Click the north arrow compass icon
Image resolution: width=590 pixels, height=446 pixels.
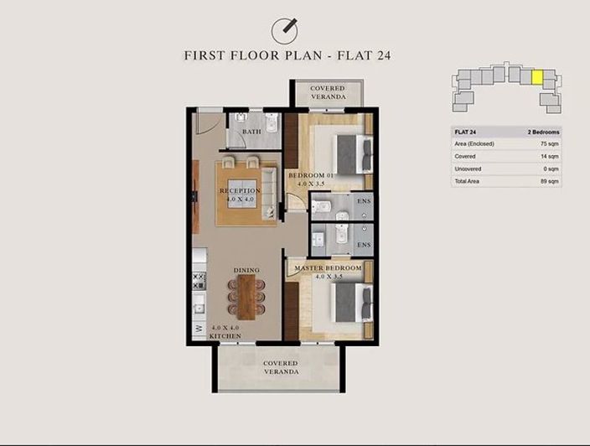[286, 30]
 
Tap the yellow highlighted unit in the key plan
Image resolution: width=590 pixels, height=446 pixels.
[537, 78]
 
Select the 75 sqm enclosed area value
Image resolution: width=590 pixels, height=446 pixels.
[550, 144]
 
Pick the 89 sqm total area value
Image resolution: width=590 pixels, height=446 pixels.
[550, 181]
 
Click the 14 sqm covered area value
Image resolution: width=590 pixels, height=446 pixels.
[550, 157]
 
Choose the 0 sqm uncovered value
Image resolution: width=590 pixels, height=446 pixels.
[551, 169]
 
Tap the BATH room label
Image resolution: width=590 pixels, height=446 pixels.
[251, 132]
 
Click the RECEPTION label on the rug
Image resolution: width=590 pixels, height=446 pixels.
[241, 191]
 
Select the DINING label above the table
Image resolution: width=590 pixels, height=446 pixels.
[246, 270]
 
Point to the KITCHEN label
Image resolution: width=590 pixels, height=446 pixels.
[225, 335]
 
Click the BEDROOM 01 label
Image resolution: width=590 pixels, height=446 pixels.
[312, 175]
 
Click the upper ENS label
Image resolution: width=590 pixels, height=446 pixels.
[364, 201]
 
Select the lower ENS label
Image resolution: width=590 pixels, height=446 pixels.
[364, 245]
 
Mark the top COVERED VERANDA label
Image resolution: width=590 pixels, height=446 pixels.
[328, 93]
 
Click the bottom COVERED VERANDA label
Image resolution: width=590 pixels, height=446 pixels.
[282, 366]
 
